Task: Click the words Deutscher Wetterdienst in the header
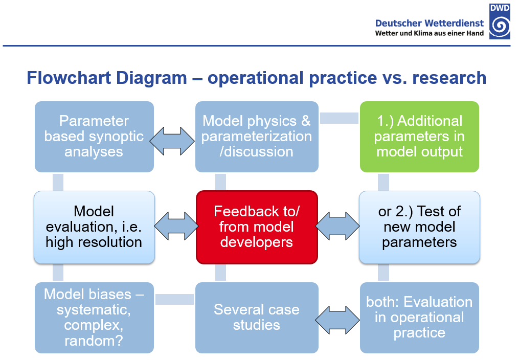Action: point(430,23)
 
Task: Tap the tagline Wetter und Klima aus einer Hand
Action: point(430,33)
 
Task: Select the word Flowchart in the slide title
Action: point(69,78)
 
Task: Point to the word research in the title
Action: point(449,78)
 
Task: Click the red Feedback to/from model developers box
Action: point(257,227)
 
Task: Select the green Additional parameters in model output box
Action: point(419,137)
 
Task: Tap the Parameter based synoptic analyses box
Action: point(94,137)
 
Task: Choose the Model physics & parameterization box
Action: point(257,137)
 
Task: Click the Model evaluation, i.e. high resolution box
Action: point(94,227)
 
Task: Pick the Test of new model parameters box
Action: point(419,227)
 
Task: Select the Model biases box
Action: point(94,318)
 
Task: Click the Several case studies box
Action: point(257,318)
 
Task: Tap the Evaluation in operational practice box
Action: point(419,318)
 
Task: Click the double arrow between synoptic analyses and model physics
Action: point(172,141)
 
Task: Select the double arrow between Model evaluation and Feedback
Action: point(176,227)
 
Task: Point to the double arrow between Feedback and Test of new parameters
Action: point(337,227)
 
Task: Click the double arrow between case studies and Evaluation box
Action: point(337,320)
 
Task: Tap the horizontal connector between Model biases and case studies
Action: point(174,300)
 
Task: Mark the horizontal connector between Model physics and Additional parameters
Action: point(340,118)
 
